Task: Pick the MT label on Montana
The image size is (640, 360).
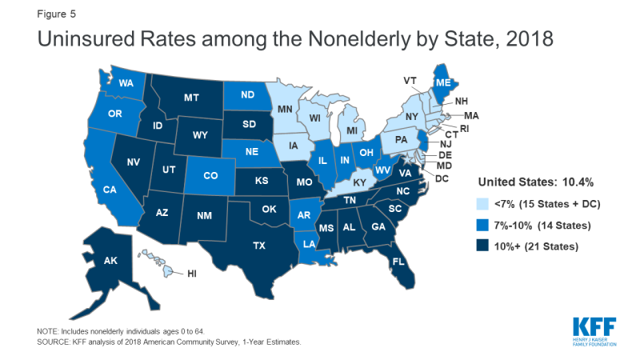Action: pos(191,98)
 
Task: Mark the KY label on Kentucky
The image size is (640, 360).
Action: pos(361,182)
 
